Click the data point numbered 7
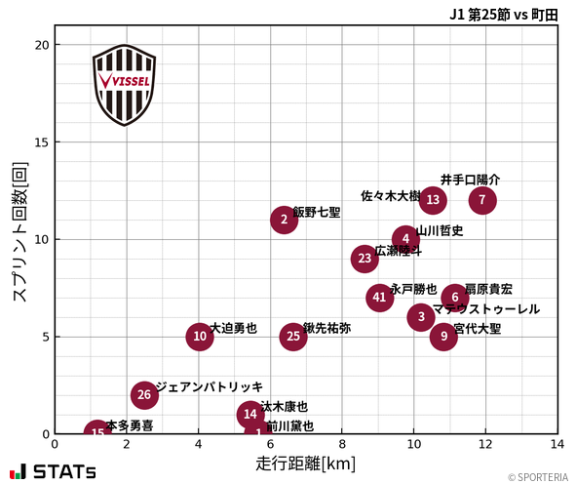coord(482,200)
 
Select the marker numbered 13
coord(433,200)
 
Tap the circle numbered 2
coord(284,220)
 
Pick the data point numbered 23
coord(365,259)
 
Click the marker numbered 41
coord(380,298)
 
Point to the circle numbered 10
coord(200,337)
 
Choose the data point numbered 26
coord(144,395)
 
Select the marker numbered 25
coord(293,337)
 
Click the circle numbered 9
coord(443,337)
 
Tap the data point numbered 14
coord(250,414)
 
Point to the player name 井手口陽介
coord(470,180)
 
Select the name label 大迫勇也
coord(234,328)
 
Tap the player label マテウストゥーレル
coord(486,309)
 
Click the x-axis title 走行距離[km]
coord(305,462)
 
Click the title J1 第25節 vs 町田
coord(503,15)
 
